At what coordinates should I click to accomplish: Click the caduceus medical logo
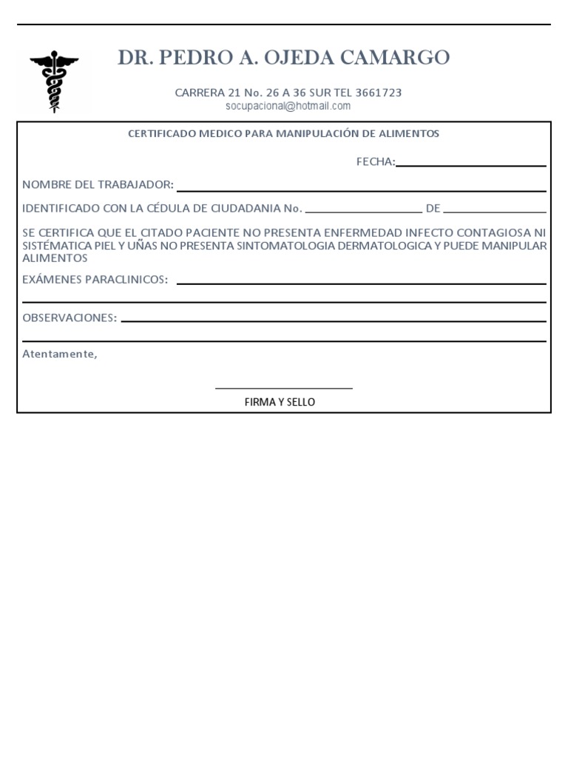point(54,81)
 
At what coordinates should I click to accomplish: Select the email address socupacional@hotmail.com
point(288,106)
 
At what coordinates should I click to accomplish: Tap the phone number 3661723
point(379,93)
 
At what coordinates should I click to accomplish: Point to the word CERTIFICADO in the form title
point(159,134)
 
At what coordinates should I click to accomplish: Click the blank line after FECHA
point(470,165)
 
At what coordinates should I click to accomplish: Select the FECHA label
point(376,162)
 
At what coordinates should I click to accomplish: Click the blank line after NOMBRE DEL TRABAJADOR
point(361,190)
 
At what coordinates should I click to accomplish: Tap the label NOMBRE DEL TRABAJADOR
point(98,184)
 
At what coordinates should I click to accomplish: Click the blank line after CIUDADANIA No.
point(363,212)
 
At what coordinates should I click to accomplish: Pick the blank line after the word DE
point(495,212)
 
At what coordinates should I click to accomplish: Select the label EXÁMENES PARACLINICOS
point(95,279)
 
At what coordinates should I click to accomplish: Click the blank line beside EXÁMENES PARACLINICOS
point(361,284)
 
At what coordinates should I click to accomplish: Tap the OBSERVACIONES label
point(70,317)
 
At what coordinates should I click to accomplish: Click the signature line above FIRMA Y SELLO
point(283,387)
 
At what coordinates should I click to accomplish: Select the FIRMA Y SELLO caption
point(280,402)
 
